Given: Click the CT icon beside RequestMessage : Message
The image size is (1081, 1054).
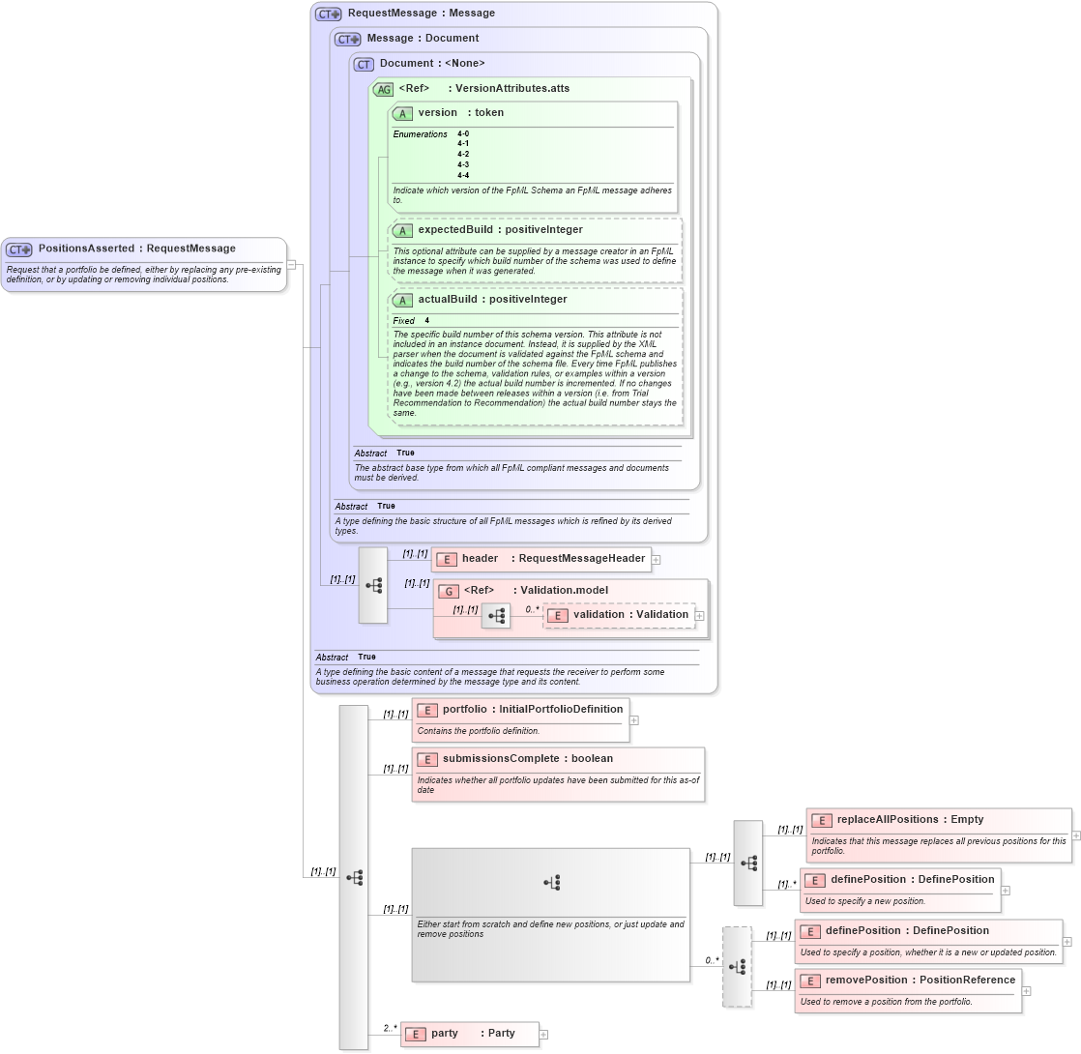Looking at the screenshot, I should tap(329, 14).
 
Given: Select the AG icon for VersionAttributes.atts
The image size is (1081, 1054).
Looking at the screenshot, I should tap(383, 89).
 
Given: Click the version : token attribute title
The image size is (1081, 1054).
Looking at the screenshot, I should tap(460, 113).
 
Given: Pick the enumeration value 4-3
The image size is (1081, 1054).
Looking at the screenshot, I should tap(463, 164).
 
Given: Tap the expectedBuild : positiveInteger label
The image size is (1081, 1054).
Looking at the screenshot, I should tap(500, 230).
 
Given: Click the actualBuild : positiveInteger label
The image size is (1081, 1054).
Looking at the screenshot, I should tap(492, 300).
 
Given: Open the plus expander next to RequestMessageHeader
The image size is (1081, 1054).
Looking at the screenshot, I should tap(656, 559).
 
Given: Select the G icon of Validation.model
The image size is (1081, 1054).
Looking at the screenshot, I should tap(448, 591).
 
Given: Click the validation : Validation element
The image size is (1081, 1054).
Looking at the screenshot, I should tap(630, 615).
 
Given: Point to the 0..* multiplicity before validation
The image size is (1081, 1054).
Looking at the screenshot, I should tap(532, 610).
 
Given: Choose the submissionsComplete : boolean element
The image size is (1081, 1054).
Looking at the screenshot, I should tap(527, 759).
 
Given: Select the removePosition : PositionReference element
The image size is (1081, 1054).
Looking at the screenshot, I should tap(920, 981).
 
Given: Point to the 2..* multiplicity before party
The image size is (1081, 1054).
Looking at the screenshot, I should tap(390, 1028).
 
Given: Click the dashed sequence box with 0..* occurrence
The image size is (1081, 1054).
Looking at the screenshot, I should tap(737, 967).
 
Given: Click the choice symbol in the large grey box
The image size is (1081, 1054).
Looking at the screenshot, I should tap(551, 882).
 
